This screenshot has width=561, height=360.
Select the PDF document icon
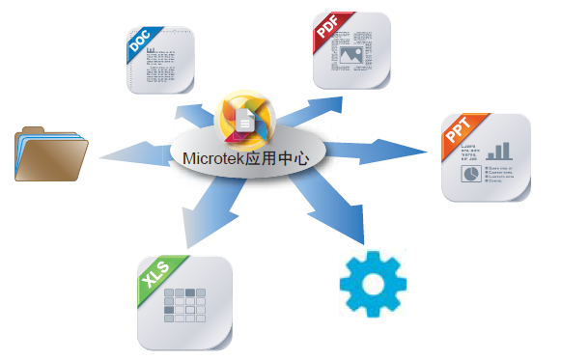(x=351, y=48)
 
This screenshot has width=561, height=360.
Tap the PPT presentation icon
(x=487, y=157)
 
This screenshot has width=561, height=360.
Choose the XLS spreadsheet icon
(x=184, y=301)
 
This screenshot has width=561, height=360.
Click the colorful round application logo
(x=247, y=120)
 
